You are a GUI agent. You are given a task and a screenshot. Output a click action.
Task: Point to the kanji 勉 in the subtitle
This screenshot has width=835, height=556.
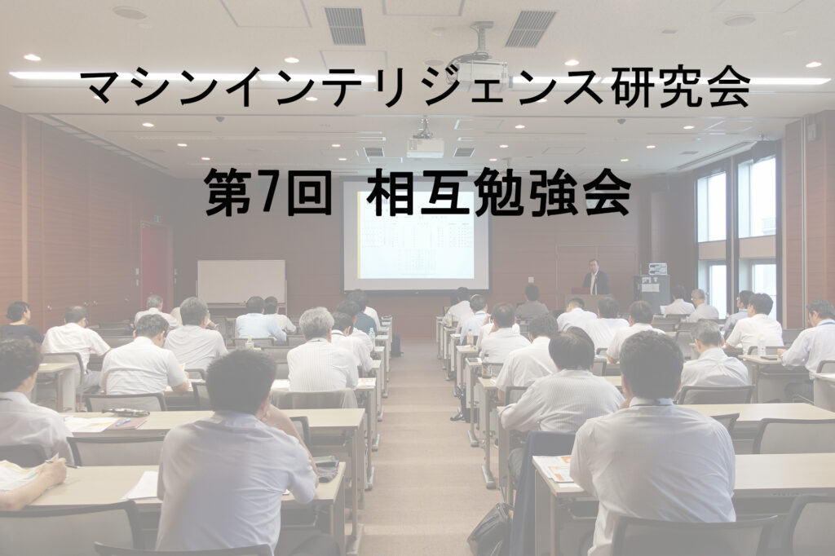(x=494, y=192)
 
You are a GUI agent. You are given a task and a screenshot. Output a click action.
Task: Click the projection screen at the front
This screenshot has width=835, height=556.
(x=416, y=235)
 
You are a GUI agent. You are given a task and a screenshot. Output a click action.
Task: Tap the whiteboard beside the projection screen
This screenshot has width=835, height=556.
(x=241, y=281)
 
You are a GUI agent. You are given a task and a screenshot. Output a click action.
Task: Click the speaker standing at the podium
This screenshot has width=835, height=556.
(x=596, y=277)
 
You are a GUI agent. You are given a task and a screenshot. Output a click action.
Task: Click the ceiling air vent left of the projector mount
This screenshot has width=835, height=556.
(x=345, y=25)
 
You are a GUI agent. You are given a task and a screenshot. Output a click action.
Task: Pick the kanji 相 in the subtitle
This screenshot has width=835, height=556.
(x=387, y=192)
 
